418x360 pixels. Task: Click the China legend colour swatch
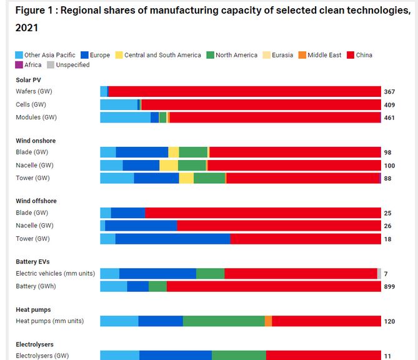point(351,55)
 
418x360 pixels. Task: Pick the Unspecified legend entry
point(72,65)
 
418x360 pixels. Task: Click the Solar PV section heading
point(29,79)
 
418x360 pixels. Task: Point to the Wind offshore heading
point(36,201)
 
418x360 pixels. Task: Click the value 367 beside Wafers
point(389,92)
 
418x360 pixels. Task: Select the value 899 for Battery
point(389,286)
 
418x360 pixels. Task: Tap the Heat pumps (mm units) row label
point(49,321)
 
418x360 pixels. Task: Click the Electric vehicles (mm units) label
point(55,274)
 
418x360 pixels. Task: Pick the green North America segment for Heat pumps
point(224,321)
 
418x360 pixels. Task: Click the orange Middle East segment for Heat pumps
point(268,321)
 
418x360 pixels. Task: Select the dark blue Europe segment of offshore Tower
point(172,239)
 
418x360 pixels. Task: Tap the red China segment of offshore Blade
point(262,213)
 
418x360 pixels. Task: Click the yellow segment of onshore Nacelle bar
point(169,165)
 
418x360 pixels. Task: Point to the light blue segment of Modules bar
point(125,117)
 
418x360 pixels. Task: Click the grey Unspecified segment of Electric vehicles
point(379,274)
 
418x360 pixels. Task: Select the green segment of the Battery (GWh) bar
point(157,286)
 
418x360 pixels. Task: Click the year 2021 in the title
point(26,28)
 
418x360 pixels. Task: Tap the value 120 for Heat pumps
point(389,321)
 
